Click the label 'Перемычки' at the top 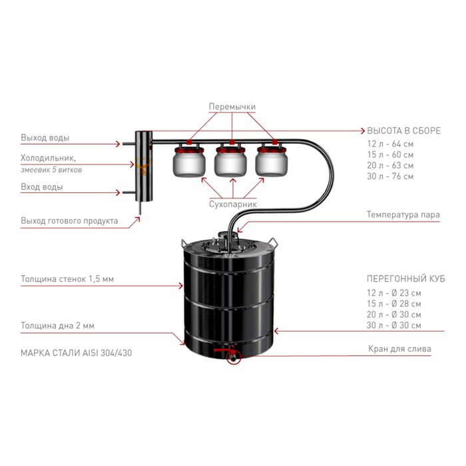(x=232, y=107)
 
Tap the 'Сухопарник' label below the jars (x=233, y=204)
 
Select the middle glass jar (x=230, y=160)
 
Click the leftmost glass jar (x=189, y=160)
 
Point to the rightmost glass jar (x=272, y=160)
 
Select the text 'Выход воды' (x=45, y=138)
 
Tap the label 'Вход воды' (x=42, y=187)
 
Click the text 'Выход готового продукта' (x=69, y=221)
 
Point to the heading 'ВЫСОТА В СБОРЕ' (x=404, y=130)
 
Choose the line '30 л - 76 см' (x=390, y=176)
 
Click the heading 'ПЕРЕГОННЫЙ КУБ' (x=406, y=279)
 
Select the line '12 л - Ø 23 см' (x=394, y=293)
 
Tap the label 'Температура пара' (x=403, y=214)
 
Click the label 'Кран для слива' (x=399, y=349)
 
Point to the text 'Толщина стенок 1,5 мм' (x=67, y=279)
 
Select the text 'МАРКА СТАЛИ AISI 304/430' (x=77, y=353)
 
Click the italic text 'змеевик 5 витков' (x=51, y=170)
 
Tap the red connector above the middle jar (x=232, y=142)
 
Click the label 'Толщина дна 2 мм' (x=58, y=326)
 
